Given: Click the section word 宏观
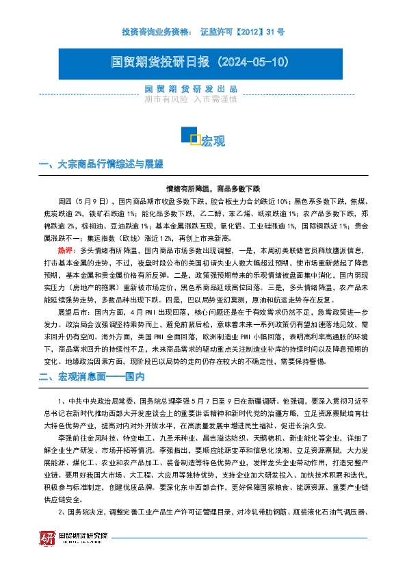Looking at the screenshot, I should [213, 141].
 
